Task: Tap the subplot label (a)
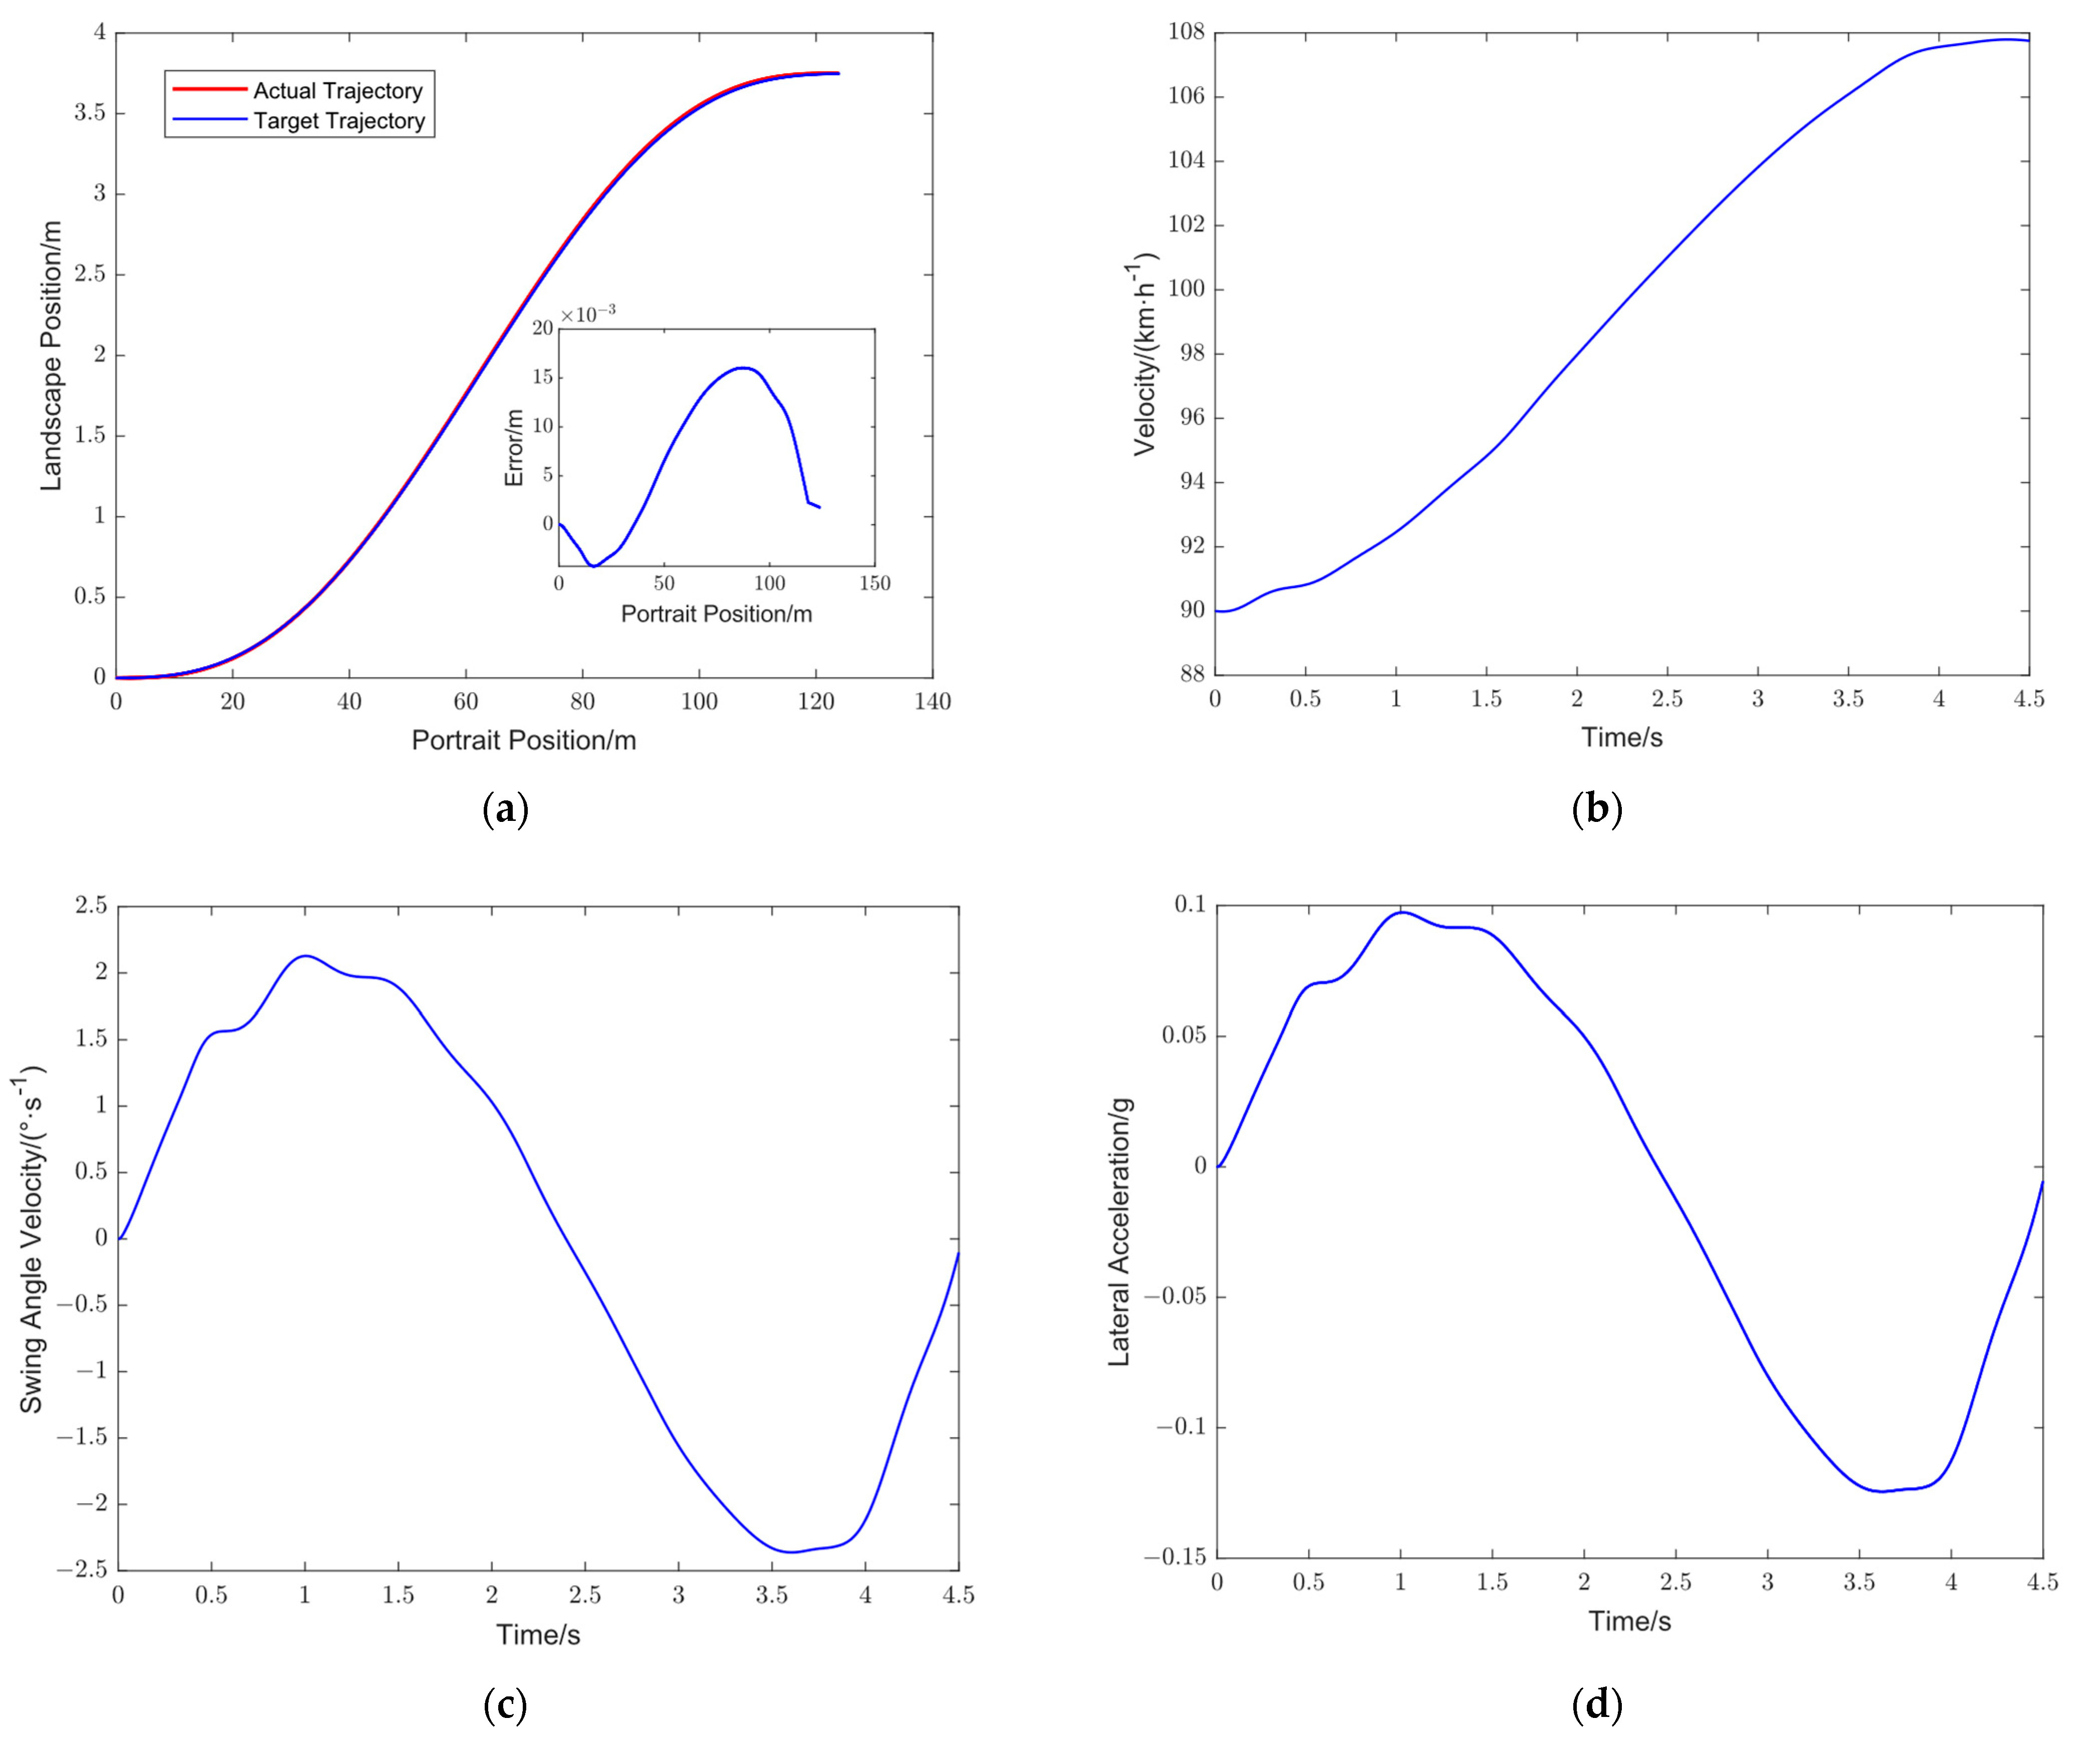click(505, 809)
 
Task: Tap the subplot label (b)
click(1596, 809)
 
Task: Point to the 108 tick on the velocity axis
click(1186, 33)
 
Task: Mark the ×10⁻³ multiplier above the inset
click(587, 314)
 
